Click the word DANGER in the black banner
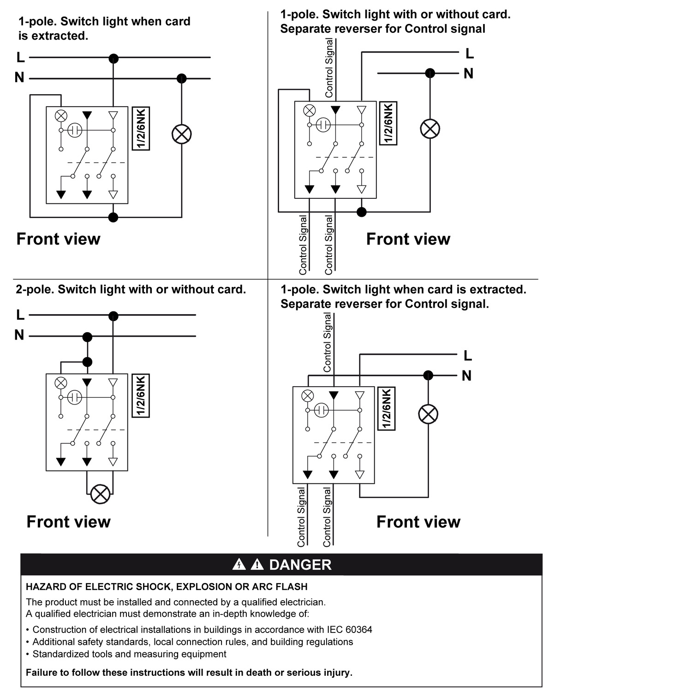point(300,565)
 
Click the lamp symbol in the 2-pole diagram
point(100,494)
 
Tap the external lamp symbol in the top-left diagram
point(182,134)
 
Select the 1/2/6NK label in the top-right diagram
point(388,123)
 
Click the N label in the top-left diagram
point(19,78)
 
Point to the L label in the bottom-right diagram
point(468,356)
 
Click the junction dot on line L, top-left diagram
point(113,58)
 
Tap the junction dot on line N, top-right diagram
point(430,73)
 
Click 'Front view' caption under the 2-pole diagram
point(68,522)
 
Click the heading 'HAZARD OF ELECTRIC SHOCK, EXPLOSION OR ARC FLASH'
point(167,587)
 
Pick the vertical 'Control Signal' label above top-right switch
point(329,68)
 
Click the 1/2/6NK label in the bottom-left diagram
point(141,396)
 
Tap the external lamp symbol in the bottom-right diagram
point(428,414)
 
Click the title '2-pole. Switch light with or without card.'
point(131,289)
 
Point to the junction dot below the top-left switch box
point(113,217)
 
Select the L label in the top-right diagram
point(470,54)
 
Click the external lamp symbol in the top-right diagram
point(430,129)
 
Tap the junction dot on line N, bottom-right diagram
point(428,375)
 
